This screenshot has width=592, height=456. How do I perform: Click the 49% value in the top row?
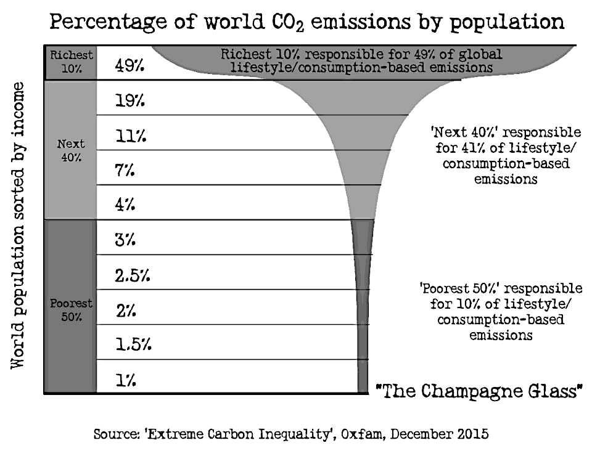coord(130,66)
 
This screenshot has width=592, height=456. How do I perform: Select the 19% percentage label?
coord(130,101)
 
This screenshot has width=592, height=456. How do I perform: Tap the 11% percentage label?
coord(130,136)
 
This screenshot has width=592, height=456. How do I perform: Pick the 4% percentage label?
coord(126,205)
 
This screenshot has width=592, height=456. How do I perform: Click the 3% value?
coord(126,240)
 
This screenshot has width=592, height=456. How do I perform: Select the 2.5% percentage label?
coord(133,275)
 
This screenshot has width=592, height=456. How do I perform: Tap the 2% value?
coord(126,311)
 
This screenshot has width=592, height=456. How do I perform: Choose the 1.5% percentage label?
coord(133,345)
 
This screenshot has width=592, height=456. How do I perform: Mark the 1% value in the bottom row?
coord(125,381)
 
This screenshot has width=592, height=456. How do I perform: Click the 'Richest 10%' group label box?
coord(70,62)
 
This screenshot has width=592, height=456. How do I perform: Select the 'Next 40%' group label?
coord(70,150)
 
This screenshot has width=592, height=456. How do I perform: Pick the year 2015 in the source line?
coord(471,434)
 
